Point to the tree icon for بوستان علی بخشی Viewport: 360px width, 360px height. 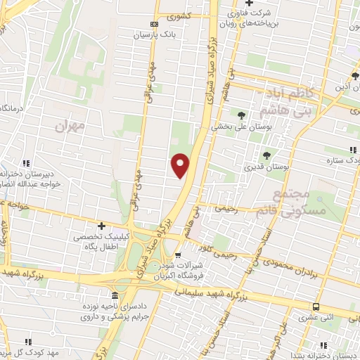(x=242, y=115)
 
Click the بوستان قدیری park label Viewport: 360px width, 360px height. (x=264, y=167)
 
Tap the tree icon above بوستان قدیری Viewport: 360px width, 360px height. (x=266, y=155)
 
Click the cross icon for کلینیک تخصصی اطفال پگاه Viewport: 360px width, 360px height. (x=102, y=226)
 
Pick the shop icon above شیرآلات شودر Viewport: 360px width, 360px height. (x=178, y=255)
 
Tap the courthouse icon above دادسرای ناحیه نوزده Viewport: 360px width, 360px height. (x=115, y=296)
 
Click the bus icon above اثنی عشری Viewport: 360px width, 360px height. (x=316, y=307)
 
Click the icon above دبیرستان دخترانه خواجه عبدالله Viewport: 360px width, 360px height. (x=26, y=162)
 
